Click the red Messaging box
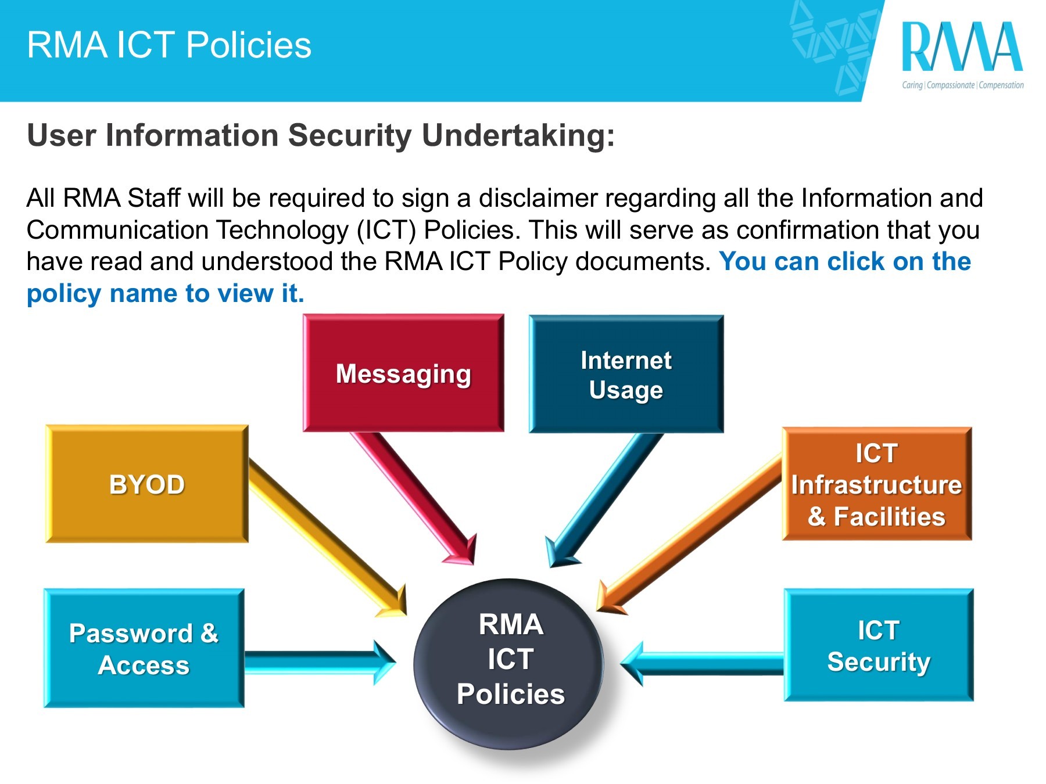coord(403,373)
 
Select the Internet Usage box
coord(626,375)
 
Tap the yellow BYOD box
coord(147,484)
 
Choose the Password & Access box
coord(144,649)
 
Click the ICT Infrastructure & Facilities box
coord(876,484)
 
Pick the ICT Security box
coord(878,645)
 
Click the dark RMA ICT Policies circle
coord(510,662)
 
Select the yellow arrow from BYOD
coord(325,534)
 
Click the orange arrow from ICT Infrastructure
coord(692,534)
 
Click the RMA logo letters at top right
coord(962,48)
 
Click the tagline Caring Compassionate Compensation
coord(962,85)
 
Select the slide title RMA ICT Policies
coord(169,45)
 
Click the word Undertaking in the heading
coord(517,135)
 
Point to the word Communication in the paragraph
coord(117,230)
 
